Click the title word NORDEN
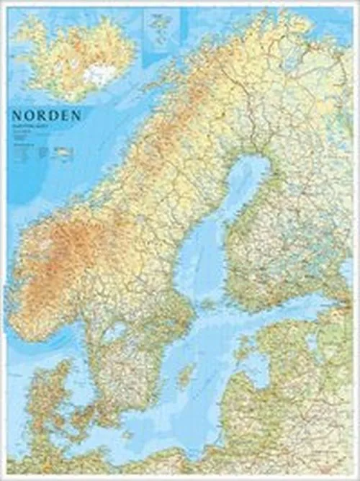click(44, 115)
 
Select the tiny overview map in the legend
click(63, 153)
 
